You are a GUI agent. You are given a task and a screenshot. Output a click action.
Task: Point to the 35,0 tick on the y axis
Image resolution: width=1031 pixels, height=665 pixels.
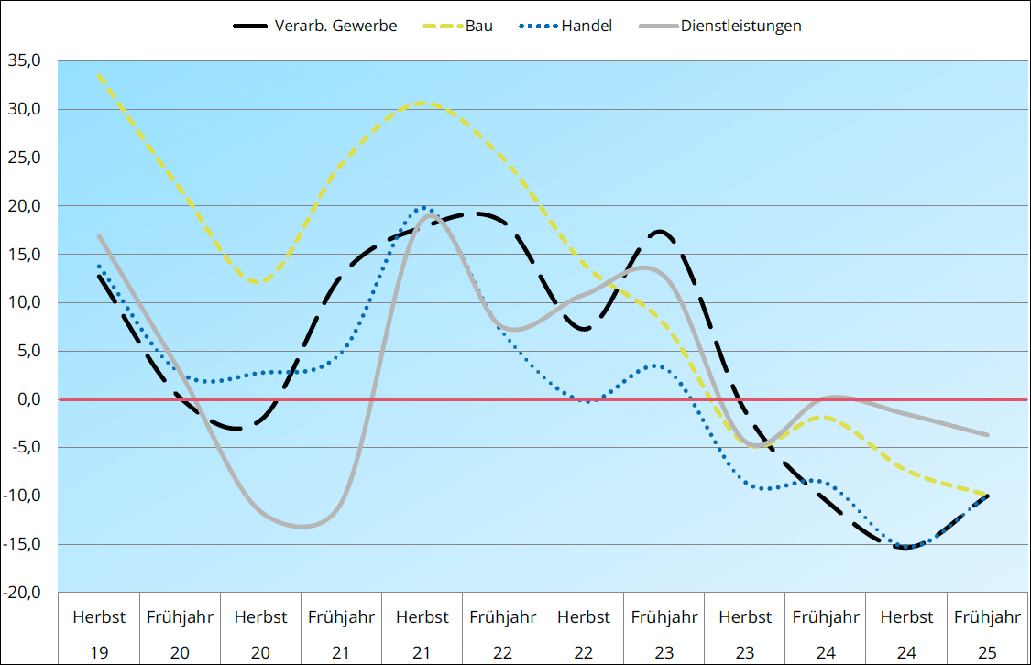(x=26, y=61)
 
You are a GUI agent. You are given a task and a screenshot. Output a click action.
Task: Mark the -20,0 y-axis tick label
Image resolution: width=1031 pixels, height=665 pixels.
(x=24, y=593)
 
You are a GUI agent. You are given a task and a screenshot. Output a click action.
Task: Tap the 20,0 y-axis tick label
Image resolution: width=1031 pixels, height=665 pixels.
(x=26, y=206)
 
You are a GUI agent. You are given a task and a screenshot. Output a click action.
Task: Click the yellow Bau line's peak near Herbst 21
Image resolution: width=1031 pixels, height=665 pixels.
(x=421, y=103)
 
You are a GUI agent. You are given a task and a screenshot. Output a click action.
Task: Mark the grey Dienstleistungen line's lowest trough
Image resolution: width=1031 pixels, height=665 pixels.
(x=302, y=527)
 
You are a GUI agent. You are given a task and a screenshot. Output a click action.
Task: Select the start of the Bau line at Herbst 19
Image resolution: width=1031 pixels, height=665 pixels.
(x=98, y=75)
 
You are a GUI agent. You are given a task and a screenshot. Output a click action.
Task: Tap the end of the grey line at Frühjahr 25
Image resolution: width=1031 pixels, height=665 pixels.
(x=987, y=434)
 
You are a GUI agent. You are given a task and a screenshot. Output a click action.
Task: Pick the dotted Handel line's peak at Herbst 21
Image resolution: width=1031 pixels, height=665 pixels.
(x=422, y=208)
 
